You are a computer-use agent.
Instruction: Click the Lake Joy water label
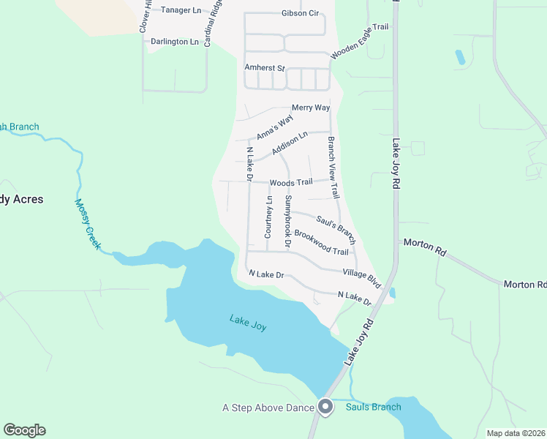point(248,323)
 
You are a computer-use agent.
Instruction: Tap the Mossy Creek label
point(86,225)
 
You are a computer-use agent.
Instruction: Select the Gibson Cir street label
point(300,13)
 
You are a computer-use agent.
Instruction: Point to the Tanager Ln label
point(181,10)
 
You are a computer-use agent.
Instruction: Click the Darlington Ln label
point(175,42)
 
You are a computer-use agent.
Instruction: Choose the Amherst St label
point(264,67)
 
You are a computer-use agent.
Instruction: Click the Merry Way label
point(311,108)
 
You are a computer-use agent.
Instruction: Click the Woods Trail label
point(291,182)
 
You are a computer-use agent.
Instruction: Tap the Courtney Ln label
point(268,217)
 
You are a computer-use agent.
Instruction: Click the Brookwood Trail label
point(321,242)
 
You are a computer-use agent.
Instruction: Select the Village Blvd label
point(362,276)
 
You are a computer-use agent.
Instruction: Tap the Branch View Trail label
point(333,168)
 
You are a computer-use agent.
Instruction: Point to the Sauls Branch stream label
point(373,408)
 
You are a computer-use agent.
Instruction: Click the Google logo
point(24,430)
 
